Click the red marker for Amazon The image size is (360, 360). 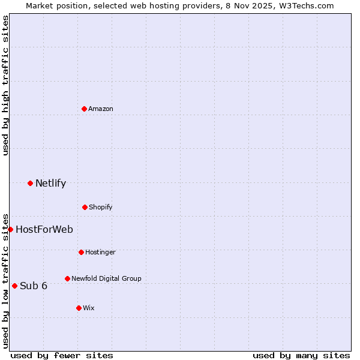click(84, 109)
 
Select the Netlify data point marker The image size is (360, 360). click(30, 183)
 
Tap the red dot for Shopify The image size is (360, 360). click(85, 207)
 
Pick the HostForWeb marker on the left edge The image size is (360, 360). click(10, 229)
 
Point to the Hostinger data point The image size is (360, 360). click(81, 252)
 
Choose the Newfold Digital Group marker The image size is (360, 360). click(67, 278)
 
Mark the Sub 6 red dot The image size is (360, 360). click(14, 286)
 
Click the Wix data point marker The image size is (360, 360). click(79, 308)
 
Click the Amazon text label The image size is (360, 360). click(101, 109)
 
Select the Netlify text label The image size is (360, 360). click(50, 184)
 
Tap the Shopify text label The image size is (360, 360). click(101, 207)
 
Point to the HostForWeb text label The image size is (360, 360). click(44, 229)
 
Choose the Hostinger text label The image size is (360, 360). click(100, 252)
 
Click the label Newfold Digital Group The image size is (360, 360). click(106, 278)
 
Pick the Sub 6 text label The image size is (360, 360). click(34, 286)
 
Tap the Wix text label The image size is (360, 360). click(89, 308)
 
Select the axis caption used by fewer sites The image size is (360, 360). click(62, 355)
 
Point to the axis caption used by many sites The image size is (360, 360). click(301, 355)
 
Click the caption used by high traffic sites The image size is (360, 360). click(5, 85)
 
